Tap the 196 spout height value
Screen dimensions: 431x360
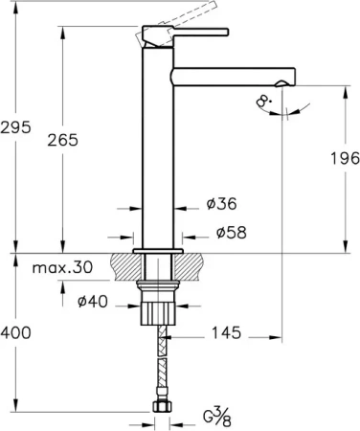pyautogui.click(x=344, y=158)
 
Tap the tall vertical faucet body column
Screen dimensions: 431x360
pyautogui.click(x=158, y=153)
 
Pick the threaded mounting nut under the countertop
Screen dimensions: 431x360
pyautogui.click(x=158, y=311)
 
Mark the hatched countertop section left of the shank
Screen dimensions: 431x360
pyautogui.click(x=127, y=265)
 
